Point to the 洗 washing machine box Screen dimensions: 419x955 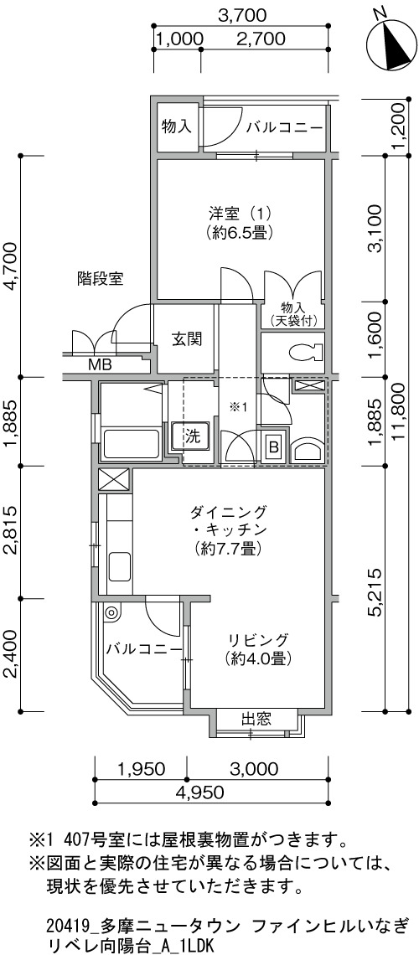(191, 436)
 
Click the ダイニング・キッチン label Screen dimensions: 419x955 (229, 529)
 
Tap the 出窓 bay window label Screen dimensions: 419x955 (256, 719)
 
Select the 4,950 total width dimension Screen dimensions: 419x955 (200, 792)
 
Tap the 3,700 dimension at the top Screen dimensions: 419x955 (241, 14)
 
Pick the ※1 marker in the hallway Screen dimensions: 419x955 (236, 407)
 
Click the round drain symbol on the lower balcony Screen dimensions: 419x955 (111, 612)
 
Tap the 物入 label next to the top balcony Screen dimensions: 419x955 (177, 126)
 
